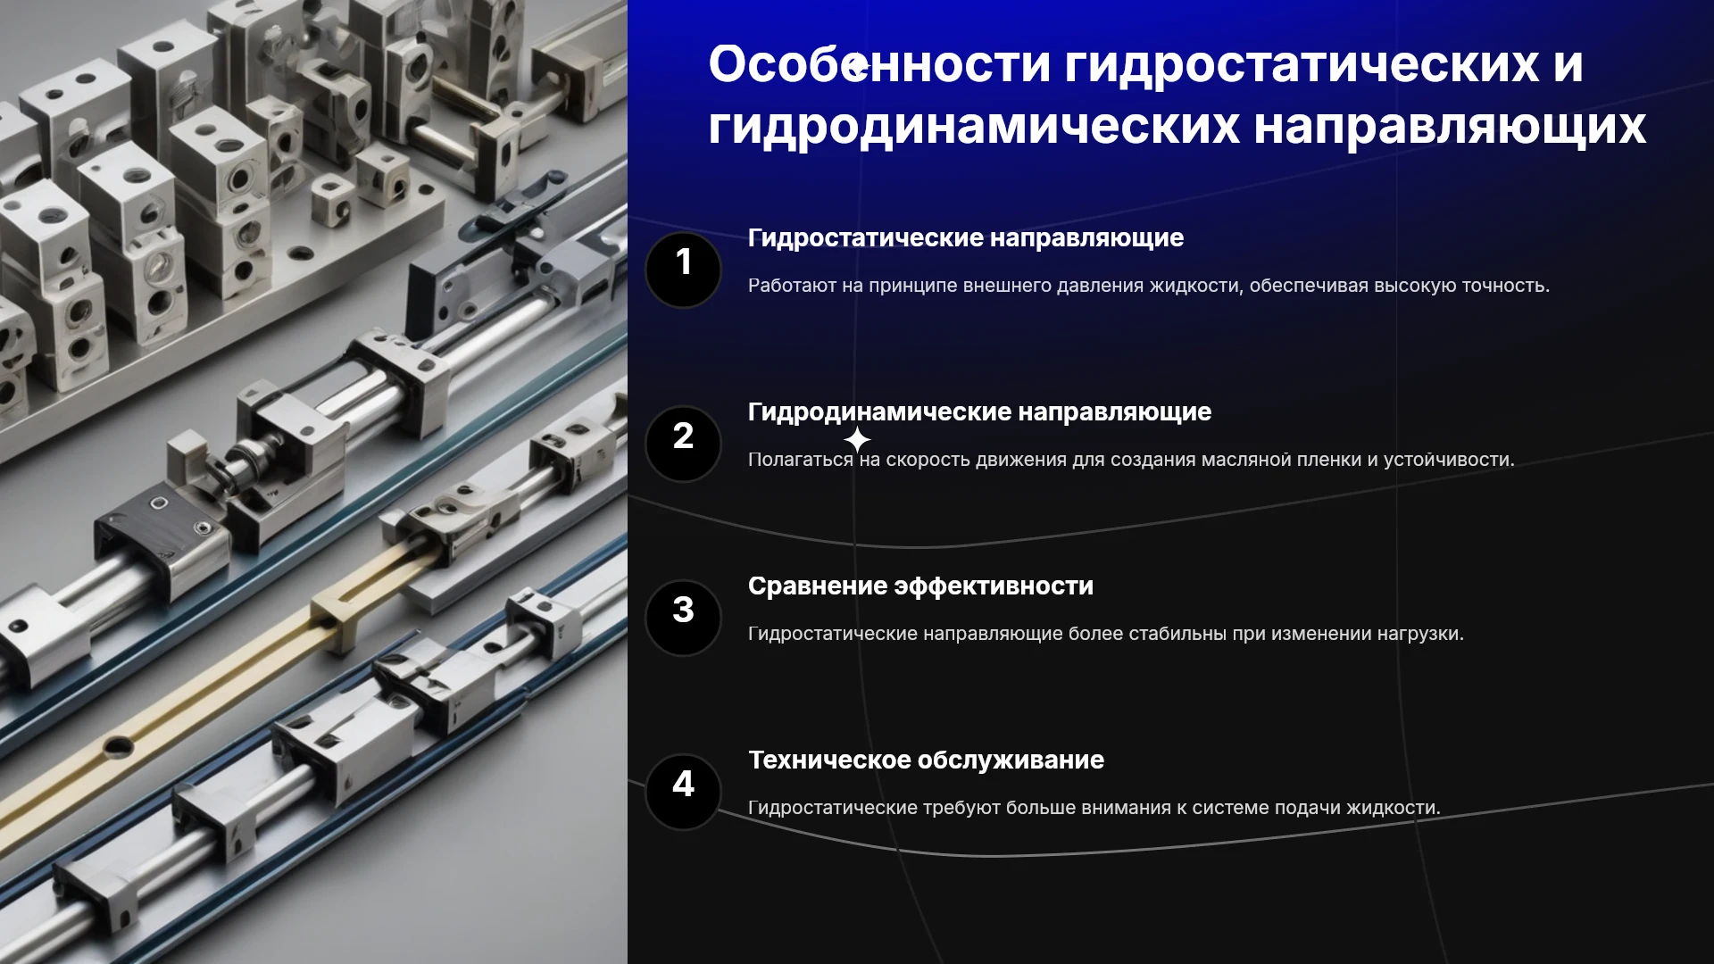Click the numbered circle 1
click(683, 270)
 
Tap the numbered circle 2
click(683, 445)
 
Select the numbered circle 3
click(683, 619)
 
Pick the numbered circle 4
click(683, 793)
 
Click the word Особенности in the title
click(879, 64)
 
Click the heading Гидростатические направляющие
click(966, 238)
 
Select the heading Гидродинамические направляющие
click(979, 412)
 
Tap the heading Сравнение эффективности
click(920, 586)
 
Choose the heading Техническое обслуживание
click(926, 760)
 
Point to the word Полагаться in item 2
click(801, 460)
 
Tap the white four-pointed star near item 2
click(857, 440)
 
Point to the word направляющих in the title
click(1450, 127)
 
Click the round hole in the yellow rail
click(119, 746)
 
